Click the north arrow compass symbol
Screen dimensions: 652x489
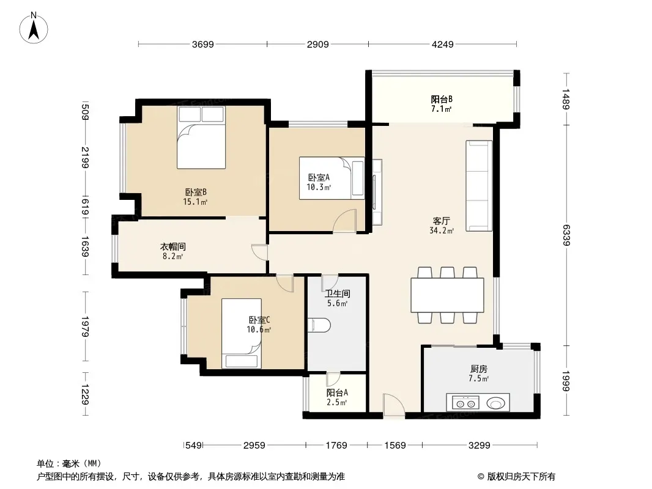tap(34, 28)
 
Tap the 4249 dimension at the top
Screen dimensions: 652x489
tap(442, 44)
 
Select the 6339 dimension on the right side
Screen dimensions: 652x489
tap(566, 235)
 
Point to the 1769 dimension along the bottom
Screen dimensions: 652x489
tap(336, 446)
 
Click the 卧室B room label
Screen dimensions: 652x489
tap(196, 193)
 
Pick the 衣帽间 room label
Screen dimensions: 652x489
tap(173, 247)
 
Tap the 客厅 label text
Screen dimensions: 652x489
tap(441, 221)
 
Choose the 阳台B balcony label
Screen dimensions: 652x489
tap(442, 99)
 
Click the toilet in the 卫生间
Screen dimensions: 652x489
tap(319, 325)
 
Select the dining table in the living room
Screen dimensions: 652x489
tap(448, 295)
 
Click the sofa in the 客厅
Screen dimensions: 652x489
tap(479, 186)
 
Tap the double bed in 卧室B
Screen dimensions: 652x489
tap(201, 138)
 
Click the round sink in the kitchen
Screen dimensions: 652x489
tap(496, 403)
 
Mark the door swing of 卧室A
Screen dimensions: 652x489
tap(345, 221)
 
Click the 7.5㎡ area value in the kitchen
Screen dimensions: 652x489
tap(479, 378)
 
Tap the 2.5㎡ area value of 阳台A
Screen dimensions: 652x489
tap(337, 403)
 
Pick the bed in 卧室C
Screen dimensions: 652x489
tap(241, 333)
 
